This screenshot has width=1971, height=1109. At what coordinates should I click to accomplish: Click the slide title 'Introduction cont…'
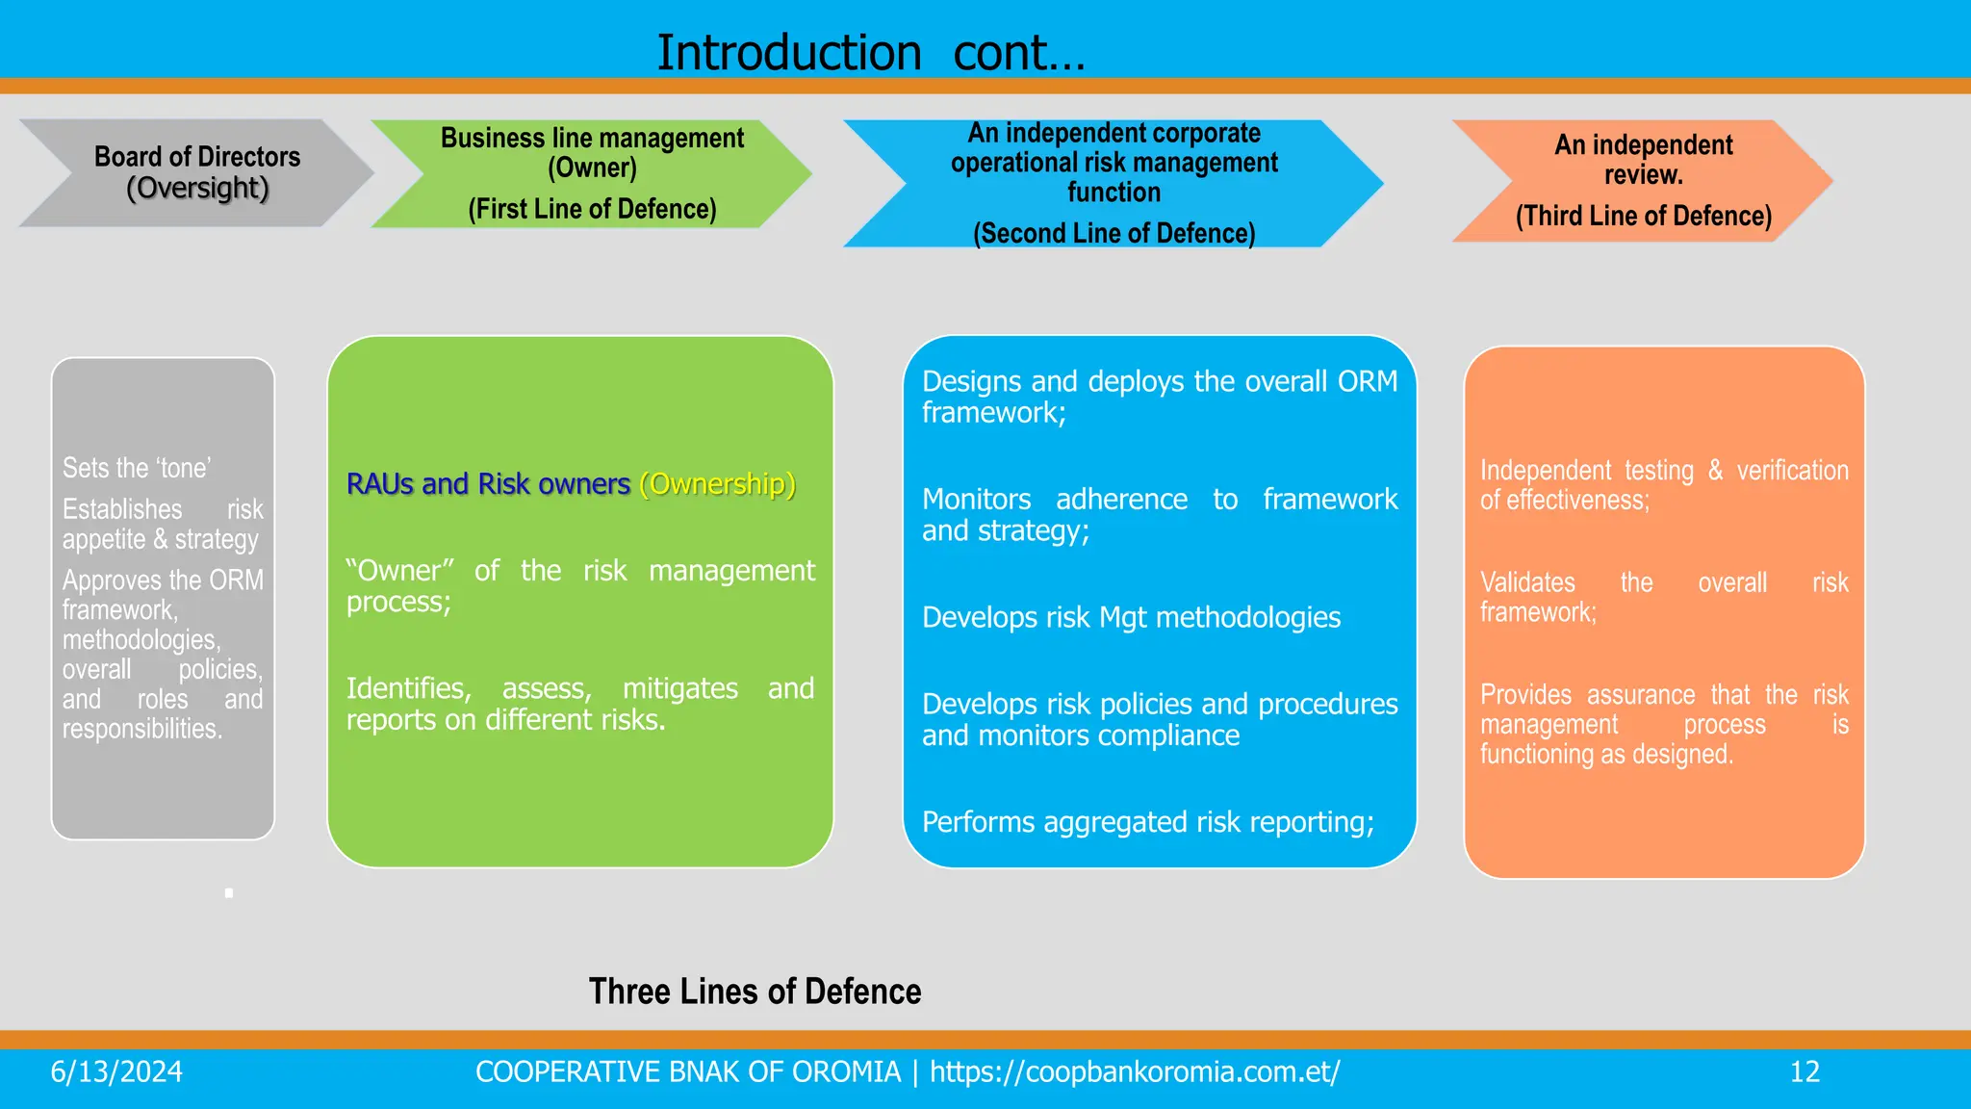coord(871,52)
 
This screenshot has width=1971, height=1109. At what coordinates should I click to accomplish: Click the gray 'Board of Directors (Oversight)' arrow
coord(196,172)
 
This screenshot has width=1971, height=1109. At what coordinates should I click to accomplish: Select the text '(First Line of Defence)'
coord(592,209)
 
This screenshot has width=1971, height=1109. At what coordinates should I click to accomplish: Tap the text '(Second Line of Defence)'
coord(1113,233)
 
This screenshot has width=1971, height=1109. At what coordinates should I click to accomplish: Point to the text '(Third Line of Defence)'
coord(1643,216)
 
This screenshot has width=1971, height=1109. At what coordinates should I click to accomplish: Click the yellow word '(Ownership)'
coord(717,483)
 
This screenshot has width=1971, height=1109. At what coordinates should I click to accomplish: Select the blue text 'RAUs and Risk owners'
coord(488,483)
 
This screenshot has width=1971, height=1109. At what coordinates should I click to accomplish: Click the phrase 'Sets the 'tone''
coord(137,468)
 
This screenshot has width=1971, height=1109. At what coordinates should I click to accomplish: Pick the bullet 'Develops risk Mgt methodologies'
coord(1131,617)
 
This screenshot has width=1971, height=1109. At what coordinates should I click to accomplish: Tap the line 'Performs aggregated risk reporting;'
coord(1147,822)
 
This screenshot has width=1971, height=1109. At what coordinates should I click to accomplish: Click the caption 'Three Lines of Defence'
coord(755,991)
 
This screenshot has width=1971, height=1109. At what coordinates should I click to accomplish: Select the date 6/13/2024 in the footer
coord(116,1071)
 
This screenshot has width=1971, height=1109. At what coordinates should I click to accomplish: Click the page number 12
coord(1805,1071)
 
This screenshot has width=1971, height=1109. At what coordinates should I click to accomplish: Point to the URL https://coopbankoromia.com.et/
coord(1135,1071)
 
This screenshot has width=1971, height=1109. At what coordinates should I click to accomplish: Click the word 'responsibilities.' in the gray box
coord(142,729)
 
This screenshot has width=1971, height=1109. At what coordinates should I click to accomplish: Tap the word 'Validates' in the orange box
coord(1527,582)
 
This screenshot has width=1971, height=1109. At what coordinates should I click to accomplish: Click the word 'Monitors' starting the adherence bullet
coord(976,499)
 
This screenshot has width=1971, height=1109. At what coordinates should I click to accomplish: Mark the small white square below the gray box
coord(229,893)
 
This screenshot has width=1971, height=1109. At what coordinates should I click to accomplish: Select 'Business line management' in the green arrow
coord(592,138)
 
